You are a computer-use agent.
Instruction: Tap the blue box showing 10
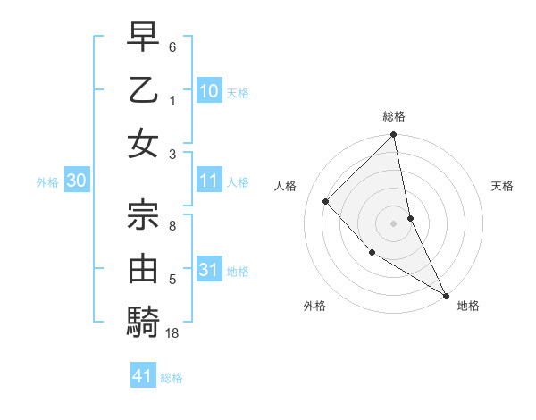(x=209, y=90)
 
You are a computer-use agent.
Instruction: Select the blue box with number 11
(x=209, y=181)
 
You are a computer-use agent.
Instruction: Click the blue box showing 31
(x=209, y=269)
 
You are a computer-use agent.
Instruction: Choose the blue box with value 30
(x=77, y=181)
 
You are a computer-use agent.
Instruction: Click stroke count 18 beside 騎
(x=172, y=333)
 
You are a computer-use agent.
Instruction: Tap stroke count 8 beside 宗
(x=172, y=225)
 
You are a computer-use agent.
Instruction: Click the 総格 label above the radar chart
(x=394, y=116)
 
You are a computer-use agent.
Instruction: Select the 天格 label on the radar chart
(x=502, y=186)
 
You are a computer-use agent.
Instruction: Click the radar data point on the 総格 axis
(x=394, y=136)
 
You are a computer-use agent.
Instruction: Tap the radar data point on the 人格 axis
(x=326, y=201)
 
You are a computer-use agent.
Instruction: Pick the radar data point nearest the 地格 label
(x=445, y=295)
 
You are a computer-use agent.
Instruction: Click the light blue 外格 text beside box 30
(x=47, y=182)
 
